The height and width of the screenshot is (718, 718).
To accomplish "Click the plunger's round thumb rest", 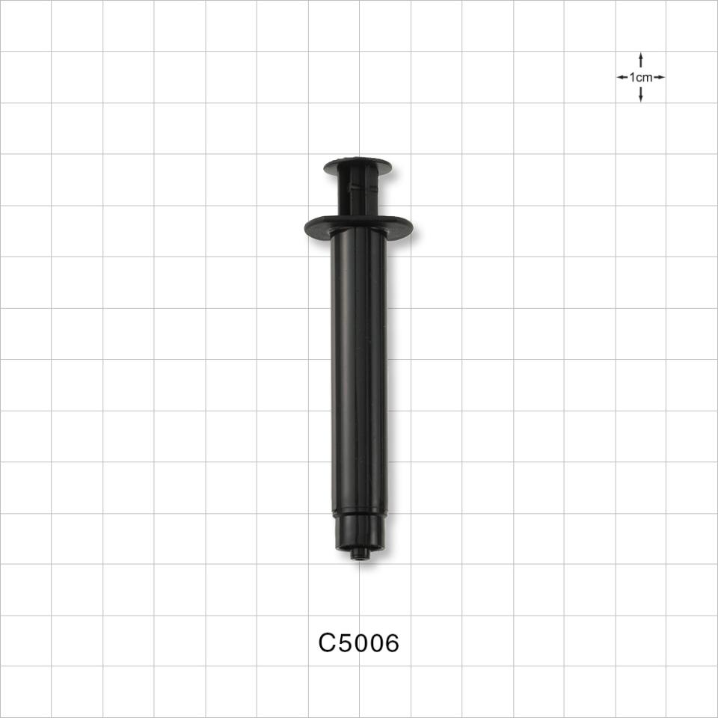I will pos(358,165).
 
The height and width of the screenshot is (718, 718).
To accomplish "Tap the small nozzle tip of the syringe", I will pos(359,555).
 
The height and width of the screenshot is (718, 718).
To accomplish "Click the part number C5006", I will pos(359,643).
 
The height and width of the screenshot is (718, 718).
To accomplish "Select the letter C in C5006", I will pos(327,643).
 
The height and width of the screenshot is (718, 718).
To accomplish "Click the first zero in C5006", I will pos(360,643).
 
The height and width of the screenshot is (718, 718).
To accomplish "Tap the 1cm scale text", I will pos(641,77).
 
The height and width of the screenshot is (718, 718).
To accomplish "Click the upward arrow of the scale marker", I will pos(641,58).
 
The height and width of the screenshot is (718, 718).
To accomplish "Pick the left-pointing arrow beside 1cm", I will pos(622,77).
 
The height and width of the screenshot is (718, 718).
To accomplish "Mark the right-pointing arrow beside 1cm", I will pos(660,77).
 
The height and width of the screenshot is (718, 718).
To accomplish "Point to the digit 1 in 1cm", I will pos(633,77).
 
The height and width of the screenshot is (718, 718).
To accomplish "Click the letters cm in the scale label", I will pos(644,77).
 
